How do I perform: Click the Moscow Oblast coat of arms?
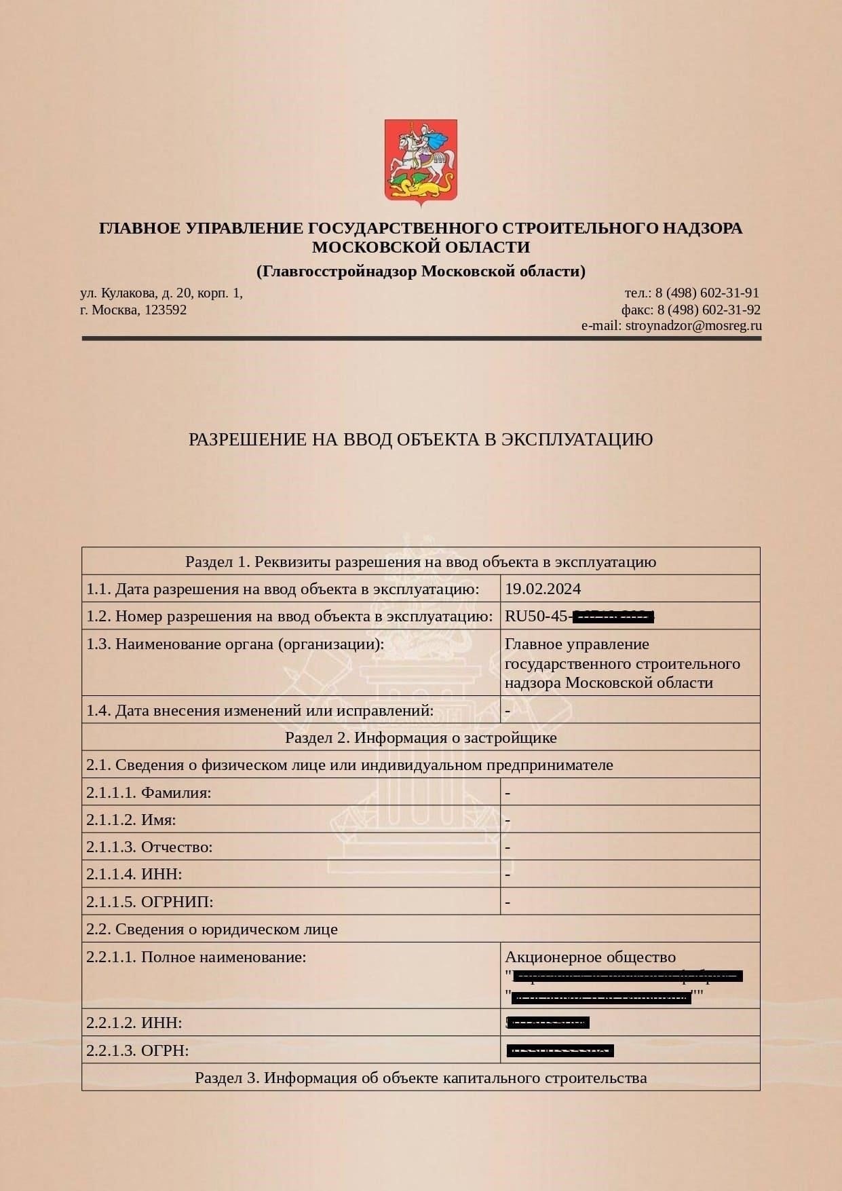click(x=421, y=162)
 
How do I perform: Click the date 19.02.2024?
click(x=543, y=589)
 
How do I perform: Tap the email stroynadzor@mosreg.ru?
click(x=693, y=325)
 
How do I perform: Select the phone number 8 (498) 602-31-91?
click(x=707, y=293)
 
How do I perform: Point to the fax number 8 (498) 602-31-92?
click(x=708, y=310)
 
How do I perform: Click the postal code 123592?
click(x=166, y=310)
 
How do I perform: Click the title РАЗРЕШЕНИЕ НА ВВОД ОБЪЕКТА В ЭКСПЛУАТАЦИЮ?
click(x=421, y=439)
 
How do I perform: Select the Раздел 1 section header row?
click(x=421, y=562)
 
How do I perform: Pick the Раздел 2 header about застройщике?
click(x=421, y=737)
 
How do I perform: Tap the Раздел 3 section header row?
click(x=421, y=1078)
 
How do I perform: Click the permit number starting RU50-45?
click(x=579, y=617)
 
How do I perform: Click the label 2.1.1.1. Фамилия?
click(x=149, y=792)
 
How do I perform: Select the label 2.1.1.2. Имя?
click(x=131, y=820)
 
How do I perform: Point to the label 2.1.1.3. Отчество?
click(x=149, y=847)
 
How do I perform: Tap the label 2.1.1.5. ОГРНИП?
click(x=149, y=902)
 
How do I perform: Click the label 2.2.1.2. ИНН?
click(x=134, y=1023)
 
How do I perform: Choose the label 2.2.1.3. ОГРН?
click(x=137, y=1050)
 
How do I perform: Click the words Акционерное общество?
click(x=590, y=957)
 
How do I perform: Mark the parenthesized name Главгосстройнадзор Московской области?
click(x=421, y=272)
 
